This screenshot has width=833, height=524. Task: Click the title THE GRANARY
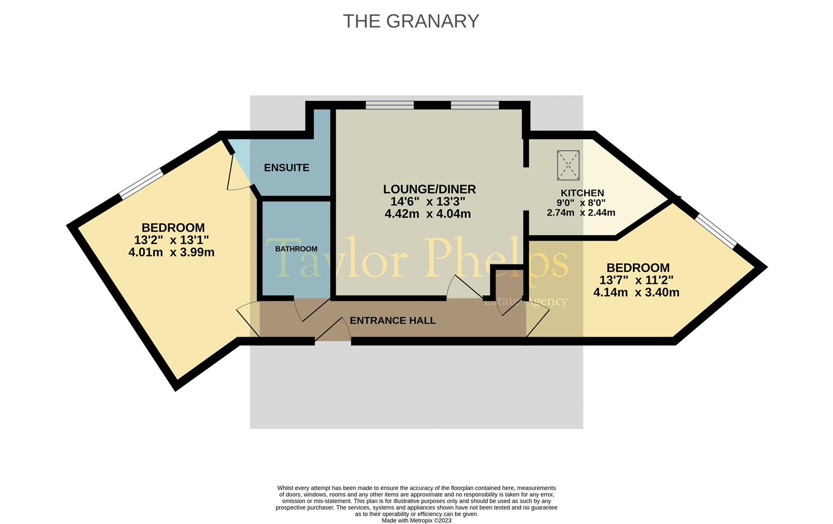point(411,21)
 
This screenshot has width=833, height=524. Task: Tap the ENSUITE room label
point(287,168)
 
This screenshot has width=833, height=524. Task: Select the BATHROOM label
point(296,249)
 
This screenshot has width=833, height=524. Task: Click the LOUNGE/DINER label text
point(430,189)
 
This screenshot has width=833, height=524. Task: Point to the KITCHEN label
point(582,193)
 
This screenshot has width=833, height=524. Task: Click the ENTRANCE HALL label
point(393,321)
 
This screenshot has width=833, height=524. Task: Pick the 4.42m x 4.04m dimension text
point(428,213)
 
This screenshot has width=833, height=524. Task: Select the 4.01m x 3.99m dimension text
point(171,252)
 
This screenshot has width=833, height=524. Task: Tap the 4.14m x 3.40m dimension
point(636,293)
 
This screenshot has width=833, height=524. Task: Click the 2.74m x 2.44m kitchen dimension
point(581,213)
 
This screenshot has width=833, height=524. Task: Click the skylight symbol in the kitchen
point(568,165)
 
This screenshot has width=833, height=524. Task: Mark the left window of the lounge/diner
point(390,105)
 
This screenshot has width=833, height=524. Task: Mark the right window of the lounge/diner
point(475,105)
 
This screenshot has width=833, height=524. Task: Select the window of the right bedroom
point(716,230)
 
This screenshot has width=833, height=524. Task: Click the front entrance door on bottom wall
point(333,331)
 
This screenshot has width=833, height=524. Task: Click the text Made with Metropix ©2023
point(416,521)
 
